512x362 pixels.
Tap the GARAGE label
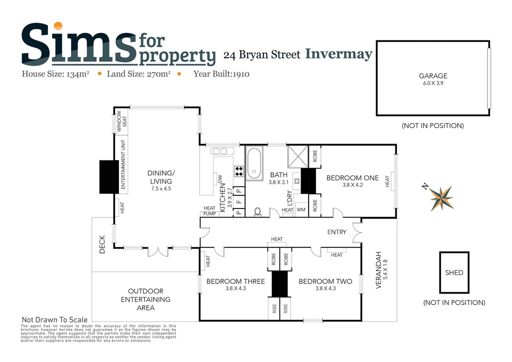[x=433, y=76]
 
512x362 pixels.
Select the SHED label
[x=454, y=273]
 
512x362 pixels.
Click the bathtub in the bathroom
[x=255, y=163]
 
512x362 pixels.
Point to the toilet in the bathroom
[x=258, y=212]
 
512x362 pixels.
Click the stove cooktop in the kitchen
[x=239, y=171]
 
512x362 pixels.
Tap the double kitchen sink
[x=219, y=151]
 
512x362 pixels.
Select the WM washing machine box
[x=301, y=210]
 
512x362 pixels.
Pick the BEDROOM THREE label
[x=235, y=281]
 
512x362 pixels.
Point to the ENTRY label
[x=337, y=232]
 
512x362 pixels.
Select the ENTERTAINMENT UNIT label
[x=122, y=164]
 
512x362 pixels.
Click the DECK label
[x=102, y=245]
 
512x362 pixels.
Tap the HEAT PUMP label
[x=209, y=211]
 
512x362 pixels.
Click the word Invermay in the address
[x=338, y=54]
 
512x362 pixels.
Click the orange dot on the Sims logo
[x=58, y=25]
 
